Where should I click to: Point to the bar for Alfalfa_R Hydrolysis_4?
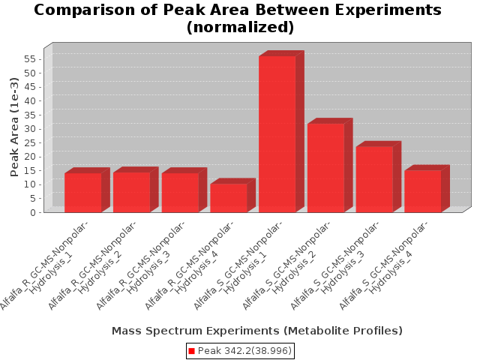coord(229,197)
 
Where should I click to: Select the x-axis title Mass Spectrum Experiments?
coord(257,331)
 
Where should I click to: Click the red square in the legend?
coord(191,351)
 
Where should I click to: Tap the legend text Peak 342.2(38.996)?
coord(244,351)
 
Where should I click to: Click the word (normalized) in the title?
coord(239,28)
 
